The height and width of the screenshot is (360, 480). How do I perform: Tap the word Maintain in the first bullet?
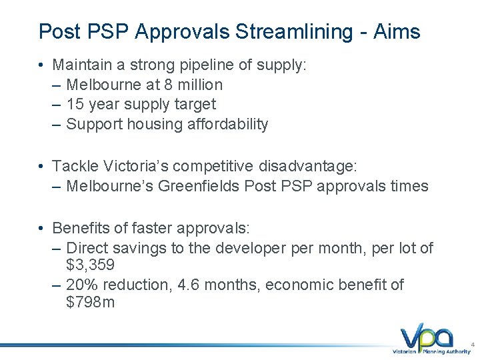[x=81, y=65]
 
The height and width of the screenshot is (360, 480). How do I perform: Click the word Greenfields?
[x=199, y=186]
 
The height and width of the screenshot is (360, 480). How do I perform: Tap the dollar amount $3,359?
[x=91, y=265]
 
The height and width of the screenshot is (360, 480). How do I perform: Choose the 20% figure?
[x=81, y=285]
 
